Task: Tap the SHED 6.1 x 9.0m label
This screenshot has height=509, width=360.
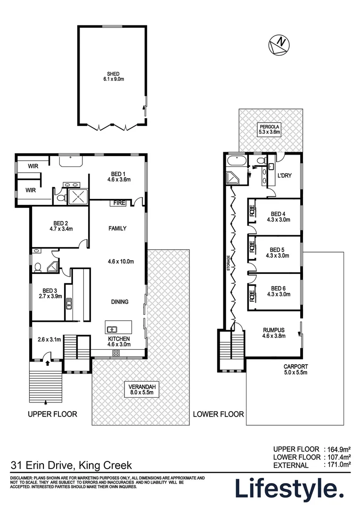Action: tap(113, 76)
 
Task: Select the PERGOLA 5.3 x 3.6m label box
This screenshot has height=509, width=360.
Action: tap(269, 129)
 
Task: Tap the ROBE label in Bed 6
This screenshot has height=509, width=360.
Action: tap(252, 295)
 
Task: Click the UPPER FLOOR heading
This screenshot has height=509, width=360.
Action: tap(52, 414)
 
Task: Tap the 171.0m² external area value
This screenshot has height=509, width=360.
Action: tap(339, 465)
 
